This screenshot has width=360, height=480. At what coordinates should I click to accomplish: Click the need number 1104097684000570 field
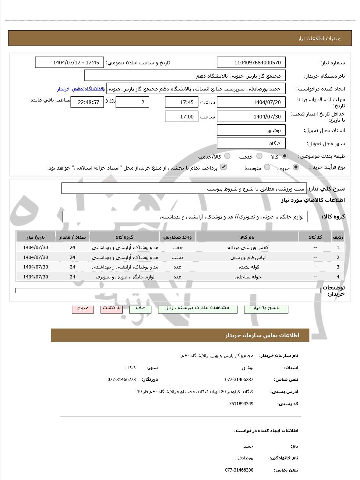coord(251,63)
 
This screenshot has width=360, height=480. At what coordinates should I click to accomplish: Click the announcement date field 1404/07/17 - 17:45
coord(70,63)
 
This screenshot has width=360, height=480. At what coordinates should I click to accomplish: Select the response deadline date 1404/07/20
coord(251,102)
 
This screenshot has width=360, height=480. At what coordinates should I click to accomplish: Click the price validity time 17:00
coord(181,117)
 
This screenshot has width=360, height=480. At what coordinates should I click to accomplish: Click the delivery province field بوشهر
coord(251,130)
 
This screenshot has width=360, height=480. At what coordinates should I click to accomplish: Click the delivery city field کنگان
coord(251,143)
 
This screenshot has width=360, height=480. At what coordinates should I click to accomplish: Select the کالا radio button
coord(285,156)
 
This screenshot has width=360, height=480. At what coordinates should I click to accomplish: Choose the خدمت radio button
coord(260,156)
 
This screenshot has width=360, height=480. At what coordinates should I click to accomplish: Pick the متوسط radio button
coord(267,167)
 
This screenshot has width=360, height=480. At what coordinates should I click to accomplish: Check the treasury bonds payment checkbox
coord(223,167)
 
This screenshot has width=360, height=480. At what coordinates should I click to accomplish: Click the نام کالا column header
coord(247,237)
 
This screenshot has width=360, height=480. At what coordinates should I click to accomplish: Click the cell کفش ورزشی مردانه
coord(247,248)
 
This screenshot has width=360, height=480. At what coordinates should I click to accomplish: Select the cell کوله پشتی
coord(247,267)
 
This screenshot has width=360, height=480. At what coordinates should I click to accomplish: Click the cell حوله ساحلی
coord(247,277)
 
